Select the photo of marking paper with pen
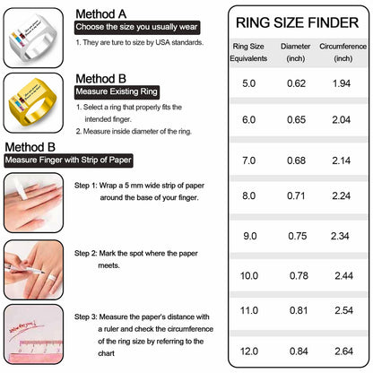33,267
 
